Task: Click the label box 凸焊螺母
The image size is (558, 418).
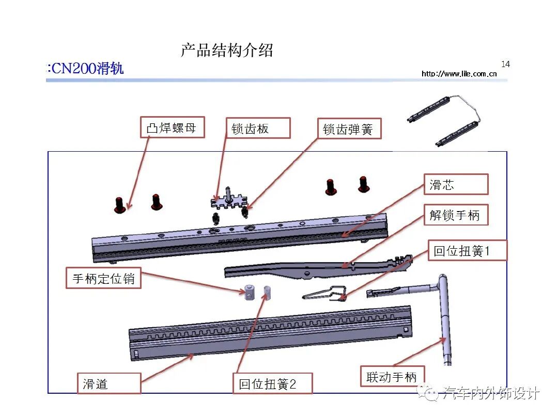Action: point(172,127)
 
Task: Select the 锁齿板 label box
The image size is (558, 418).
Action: point(258,128)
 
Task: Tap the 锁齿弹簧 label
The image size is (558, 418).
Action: point(348,128)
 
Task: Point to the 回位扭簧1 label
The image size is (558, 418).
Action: point(468,251)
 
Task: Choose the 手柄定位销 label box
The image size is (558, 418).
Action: point(103,278)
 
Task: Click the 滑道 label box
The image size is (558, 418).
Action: point(109,384)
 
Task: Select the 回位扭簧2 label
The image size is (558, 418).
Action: point(272,384)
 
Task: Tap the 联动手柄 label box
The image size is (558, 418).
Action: point(391,376)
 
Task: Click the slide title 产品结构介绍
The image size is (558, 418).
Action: point(226,51)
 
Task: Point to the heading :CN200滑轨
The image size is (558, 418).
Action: point(85,69)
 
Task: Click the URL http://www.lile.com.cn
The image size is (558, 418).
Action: point(459,74)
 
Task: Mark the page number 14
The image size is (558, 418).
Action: point(505,64)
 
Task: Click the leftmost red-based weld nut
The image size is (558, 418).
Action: point(120,205)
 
